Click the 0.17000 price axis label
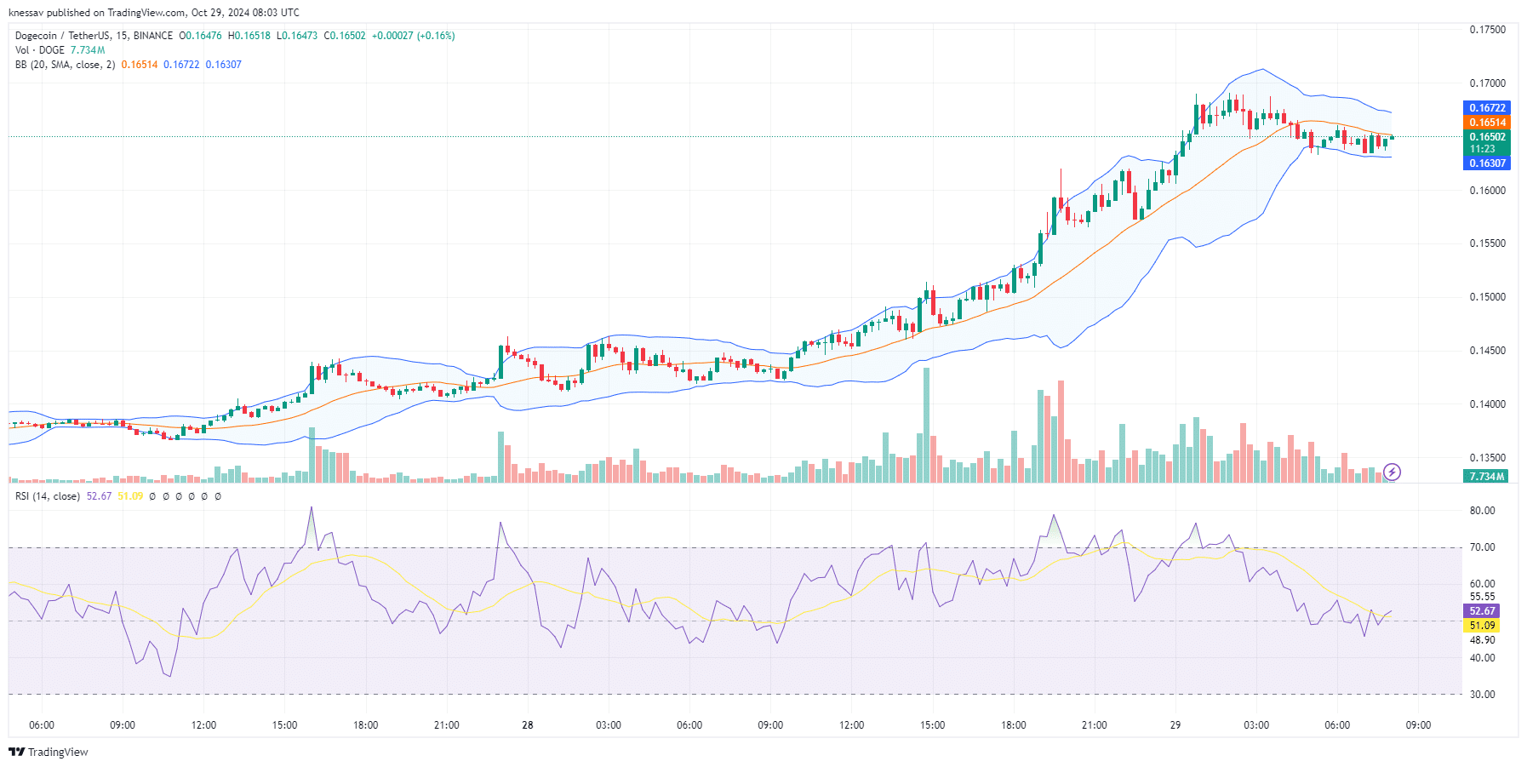pyautogui.click(x=1487, y=83)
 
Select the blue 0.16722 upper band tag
pyautogui.click(x=1487, y=108)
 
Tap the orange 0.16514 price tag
pyautogui.click(x=1487, y=123)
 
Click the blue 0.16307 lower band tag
pyautogui.click(x=1487, y=163)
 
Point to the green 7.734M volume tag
pyautogui.click(x=1486, y=477)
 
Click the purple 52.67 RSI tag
pyautogui.click(x=1482, y=611)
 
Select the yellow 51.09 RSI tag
pyautogui.click(x=1482, y=626)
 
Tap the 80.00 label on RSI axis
pyautogui.click(x=1482, y=511)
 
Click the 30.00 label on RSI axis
pyautogui.click(x=1482, y=695)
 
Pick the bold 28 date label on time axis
pyautogui.click(x=528, y=725)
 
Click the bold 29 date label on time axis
pyautogui.click(x=1175, y=725)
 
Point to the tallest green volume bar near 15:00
pyautogui.click(x=926, y=426)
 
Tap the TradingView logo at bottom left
pyautogui.click(x=49, y=752)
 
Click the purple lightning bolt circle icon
pyautogui.click(x=1392, y=472)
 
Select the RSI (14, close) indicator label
pyautogui.click(x=48, y=496)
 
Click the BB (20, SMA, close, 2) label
pyautogui.click(x=65, y=65)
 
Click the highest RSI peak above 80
pyautogui.click(x=312, y=508)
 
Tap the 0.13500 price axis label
pyautogui.click(x=1487, y=458)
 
